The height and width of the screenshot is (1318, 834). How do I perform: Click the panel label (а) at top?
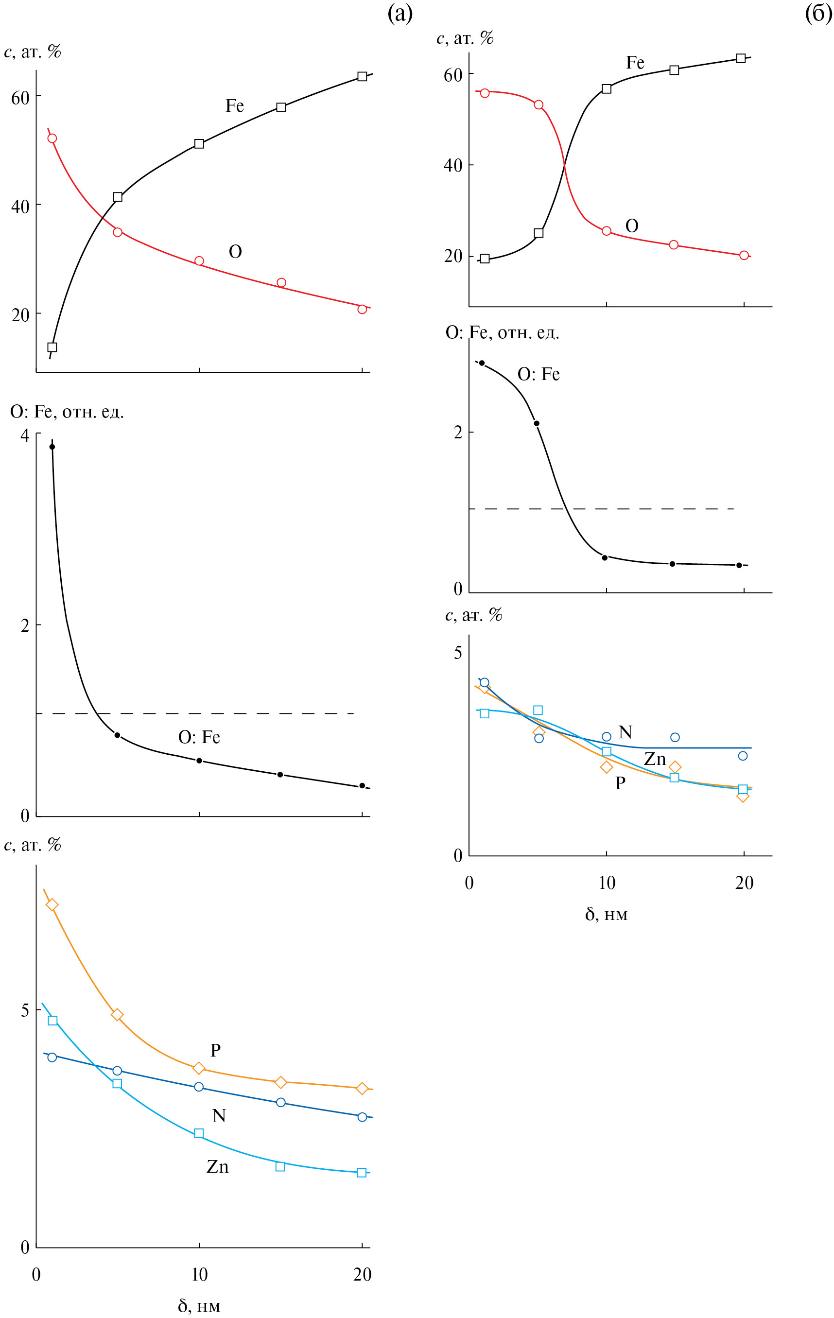click(x=400, y=13)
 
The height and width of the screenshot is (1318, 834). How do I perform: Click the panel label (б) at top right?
click(x=818, y=13)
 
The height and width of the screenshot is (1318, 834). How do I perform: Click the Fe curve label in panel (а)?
click(x=234, y=105)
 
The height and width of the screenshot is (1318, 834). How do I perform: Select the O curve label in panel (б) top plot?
click(x=631, y=226)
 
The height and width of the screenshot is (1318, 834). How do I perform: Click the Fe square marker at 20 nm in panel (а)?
click(x=362, y=76)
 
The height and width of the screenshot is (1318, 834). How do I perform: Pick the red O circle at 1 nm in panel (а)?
click(x=52, y=139)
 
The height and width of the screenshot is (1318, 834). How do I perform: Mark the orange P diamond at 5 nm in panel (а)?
click(x=117, y=1015)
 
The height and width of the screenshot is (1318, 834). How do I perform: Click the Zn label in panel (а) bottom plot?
click(x=217, y=1167)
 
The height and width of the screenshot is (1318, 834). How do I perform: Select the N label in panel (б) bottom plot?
click(x=625, y=732)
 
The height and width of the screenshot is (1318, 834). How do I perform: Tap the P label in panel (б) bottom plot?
click(x=620, y=783)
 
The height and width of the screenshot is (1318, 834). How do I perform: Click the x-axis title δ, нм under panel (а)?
click(x=199, y=1305)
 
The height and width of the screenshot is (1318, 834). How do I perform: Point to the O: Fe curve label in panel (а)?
click(x=199, y=737)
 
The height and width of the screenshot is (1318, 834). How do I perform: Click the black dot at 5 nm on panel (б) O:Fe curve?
click(x=536, y=424)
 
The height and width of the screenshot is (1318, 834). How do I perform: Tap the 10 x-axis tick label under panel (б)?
click(x=607, y=883)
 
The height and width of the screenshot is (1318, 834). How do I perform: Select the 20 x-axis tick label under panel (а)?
click(x=362, y=1275)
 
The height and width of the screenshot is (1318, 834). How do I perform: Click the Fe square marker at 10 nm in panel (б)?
click(x=607, y=88)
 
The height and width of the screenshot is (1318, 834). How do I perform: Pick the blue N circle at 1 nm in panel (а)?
click(x=52, y=1057)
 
